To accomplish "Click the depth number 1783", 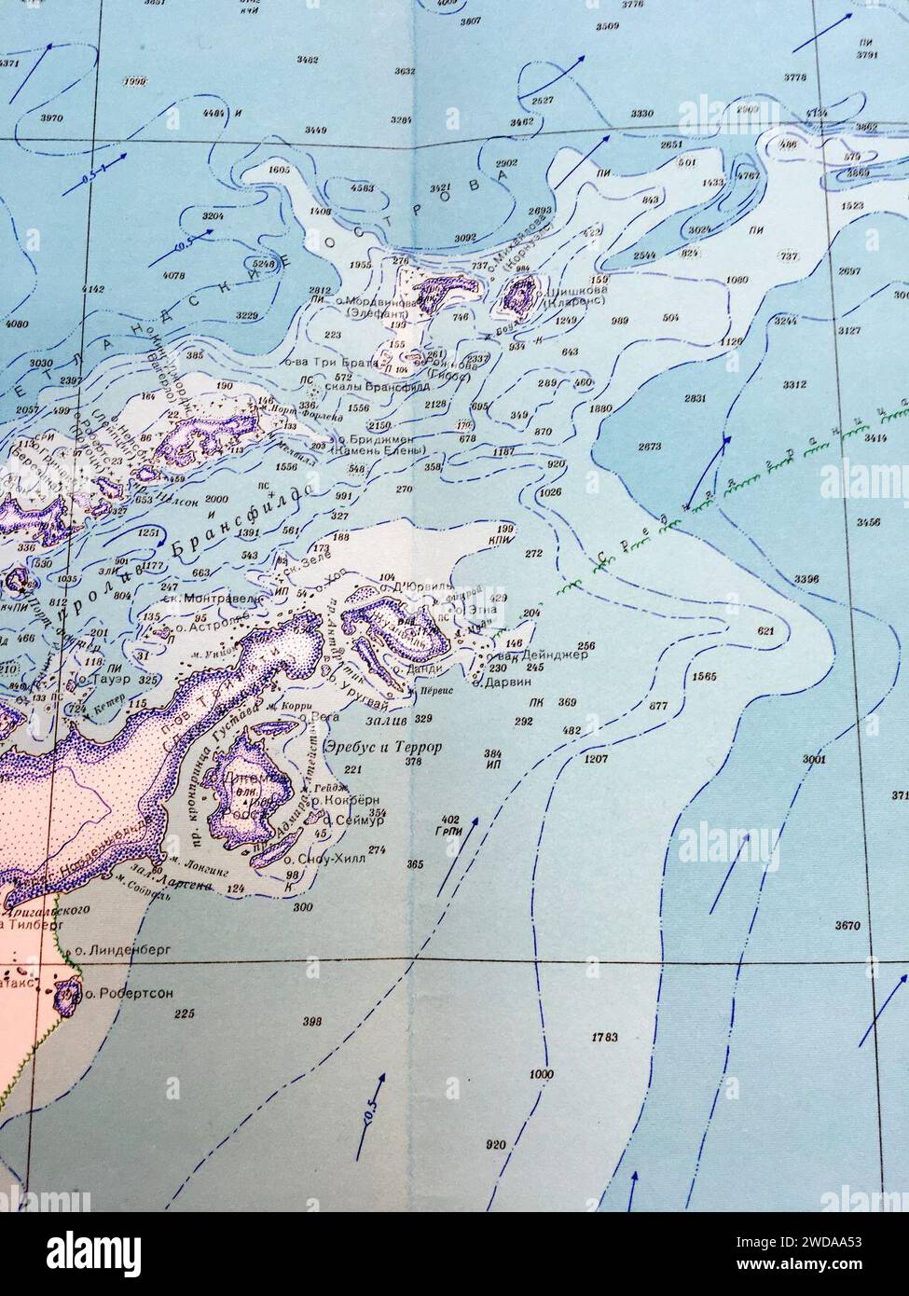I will [605, 1037].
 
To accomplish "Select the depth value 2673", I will [650, 447].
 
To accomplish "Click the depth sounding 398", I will [312, 1022].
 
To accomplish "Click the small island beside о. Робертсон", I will [66, 997].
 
